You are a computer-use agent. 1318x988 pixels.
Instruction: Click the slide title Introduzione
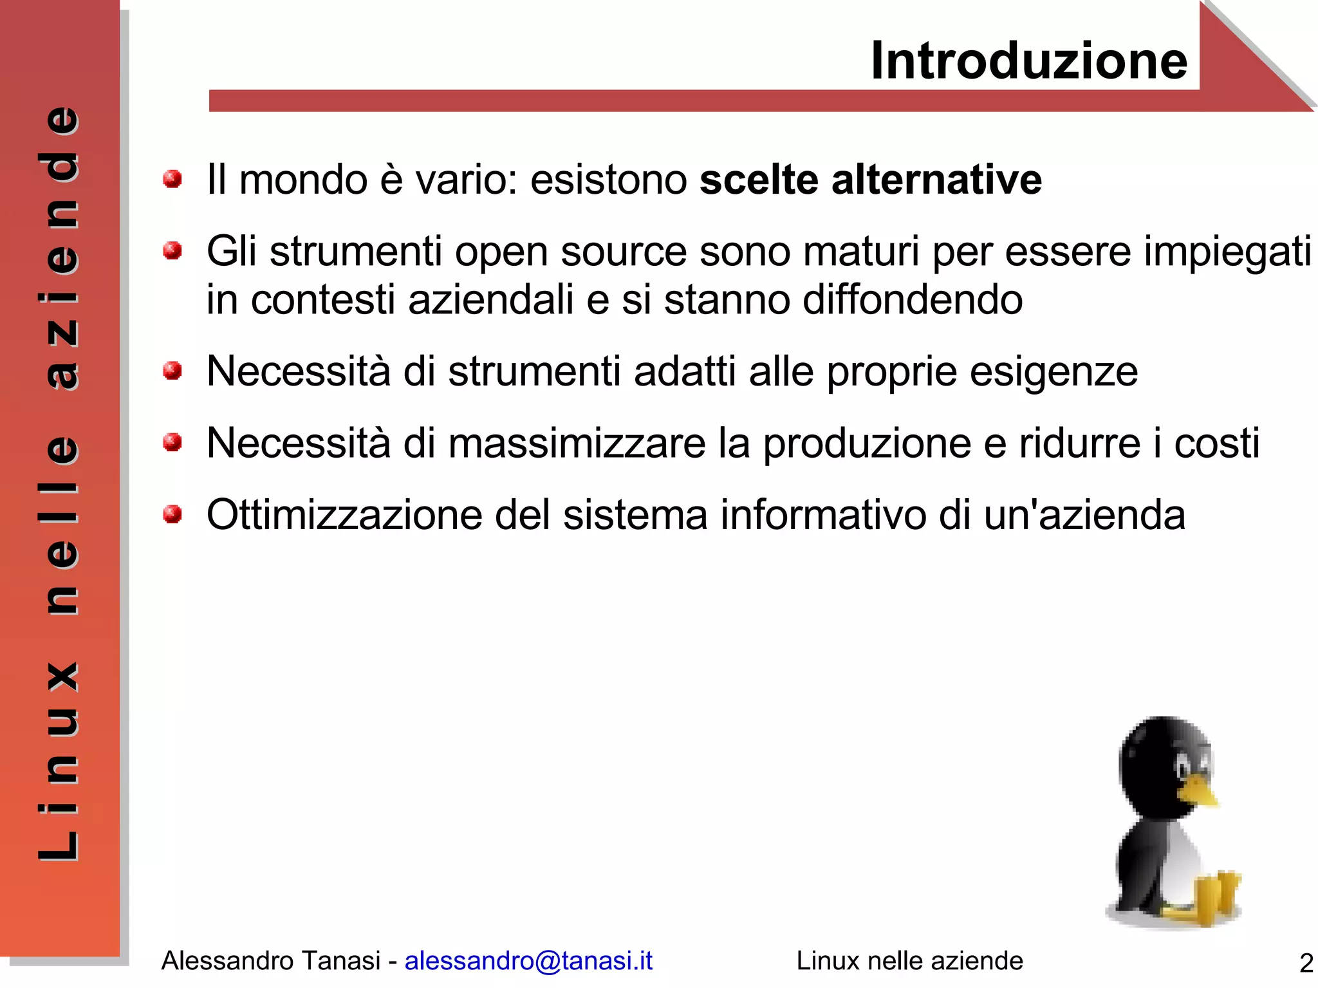(1028, 61)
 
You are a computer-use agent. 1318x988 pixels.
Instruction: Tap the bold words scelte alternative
(870, 180)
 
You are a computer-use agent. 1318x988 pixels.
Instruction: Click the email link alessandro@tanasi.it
(528, 960)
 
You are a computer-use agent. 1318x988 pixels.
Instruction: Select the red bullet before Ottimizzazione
(172, 514)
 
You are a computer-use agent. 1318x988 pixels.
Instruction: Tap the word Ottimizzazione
(344, 516)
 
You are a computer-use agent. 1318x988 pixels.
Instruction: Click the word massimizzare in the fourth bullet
(577, 443)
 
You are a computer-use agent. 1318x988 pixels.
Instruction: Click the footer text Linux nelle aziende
(909, 961)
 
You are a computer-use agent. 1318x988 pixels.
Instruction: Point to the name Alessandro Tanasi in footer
(270, 961)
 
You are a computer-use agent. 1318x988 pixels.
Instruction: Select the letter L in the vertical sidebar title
(59, 844)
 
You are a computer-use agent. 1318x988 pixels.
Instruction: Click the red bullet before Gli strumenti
(172, 250)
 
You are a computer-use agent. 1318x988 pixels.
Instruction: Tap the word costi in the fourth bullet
(1216, 443)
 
